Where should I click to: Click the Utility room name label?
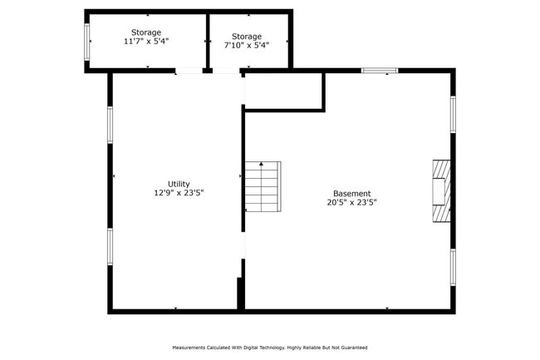pos(179,184)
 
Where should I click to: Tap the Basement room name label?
pos(352,194)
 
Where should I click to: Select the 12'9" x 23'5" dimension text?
pos(179,193)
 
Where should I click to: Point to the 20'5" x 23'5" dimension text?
pos(352,203)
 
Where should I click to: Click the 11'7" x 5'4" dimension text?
pos(146,42)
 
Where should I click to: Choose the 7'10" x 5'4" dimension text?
pos(247,45)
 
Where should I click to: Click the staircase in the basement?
pos(263,186)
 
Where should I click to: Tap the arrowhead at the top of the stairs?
pos(262,164)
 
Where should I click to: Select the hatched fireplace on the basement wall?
pos(441,191)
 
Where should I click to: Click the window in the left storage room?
pos(86,42)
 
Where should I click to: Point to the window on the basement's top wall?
pos(380,71)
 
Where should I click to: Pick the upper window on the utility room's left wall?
pos(110,125)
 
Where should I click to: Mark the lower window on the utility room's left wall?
pos(110,247)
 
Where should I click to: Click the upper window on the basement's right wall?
pos(454,115)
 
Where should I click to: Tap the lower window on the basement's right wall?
pos(454,268)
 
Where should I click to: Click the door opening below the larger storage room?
pos(189,71)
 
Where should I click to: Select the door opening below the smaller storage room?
pos(226,71)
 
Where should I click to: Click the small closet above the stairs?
pos(283,91)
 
